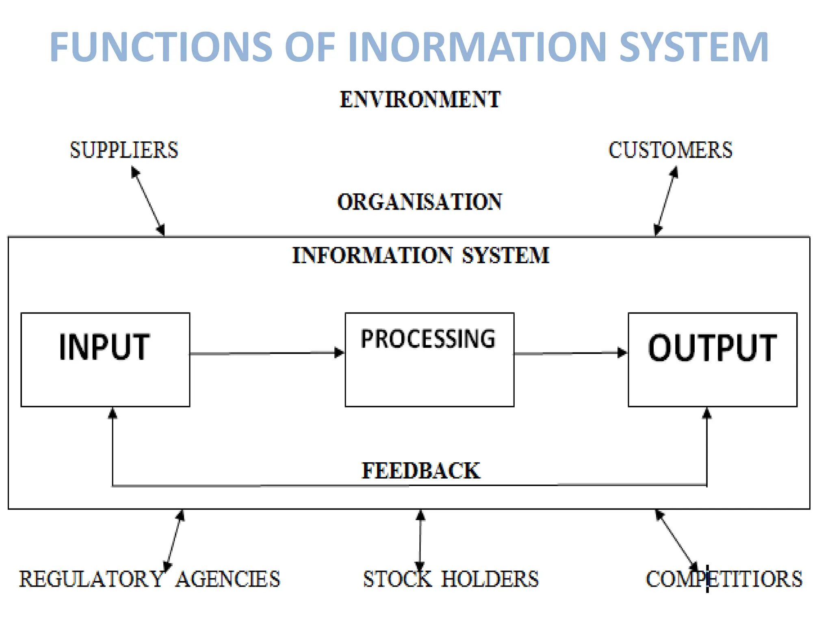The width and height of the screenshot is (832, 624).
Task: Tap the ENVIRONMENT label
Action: pyautogui.click(x=420, y=100)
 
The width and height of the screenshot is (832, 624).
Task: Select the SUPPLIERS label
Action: pyautogui.click(x=124, y=150)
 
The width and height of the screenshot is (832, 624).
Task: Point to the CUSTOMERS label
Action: pyautogui.click(x=670, y=150)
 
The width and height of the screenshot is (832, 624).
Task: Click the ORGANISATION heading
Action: pyautogui.click(x=420, y=202)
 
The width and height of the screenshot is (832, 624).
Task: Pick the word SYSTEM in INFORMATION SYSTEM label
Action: pyautogui.click(x=505, y=256)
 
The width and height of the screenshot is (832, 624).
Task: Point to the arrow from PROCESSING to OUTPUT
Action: pyautogui.click(x=571, y=353)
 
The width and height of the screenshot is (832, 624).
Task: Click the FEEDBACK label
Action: pyautogui.click(x=421, y=471)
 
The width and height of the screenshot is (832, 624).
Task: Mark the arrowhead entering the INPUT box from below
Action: pyautogui.click(x=113, y=413)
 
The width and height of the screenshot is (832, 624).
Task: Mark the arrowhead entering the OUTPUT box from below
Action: pyautogui.click(x=707, y=413)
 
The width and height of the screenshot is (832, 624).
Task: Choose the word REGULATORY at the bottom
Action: pyautogui.click(x=91, y=579)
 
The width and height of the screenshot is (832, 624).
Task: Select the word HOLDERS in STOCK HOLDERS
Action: pyautogui.click(x=490, y=579)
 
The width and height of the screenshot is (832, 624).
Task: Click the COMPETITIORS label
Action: pyautogui.click(x=724, y=579)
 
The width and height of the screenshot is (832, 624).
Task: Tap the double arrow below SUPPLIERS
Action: pyautogui.click(x=148, y=202)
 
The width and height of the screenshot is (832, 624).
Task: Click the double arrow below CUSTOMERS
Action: pyautogui.click(x=666, y=202)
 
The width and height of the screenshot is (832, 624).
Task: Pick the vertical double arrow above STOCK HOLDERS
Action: pyautogui.click(x=420, y=540)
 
